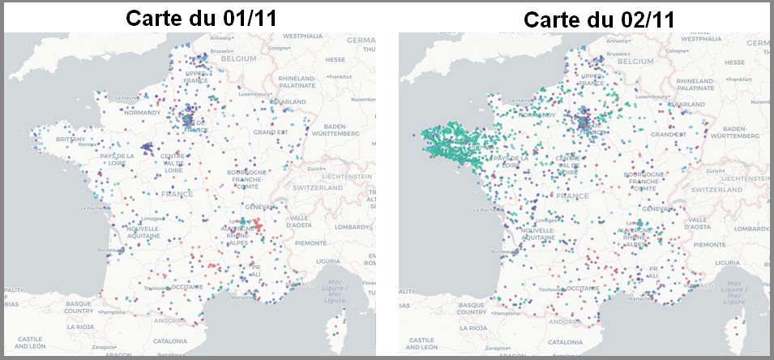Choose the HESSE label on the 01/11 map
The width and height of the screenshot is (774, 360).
coord(335,59)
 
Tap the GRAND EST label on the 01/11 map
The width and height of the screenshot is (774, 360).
coord(271,132)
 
